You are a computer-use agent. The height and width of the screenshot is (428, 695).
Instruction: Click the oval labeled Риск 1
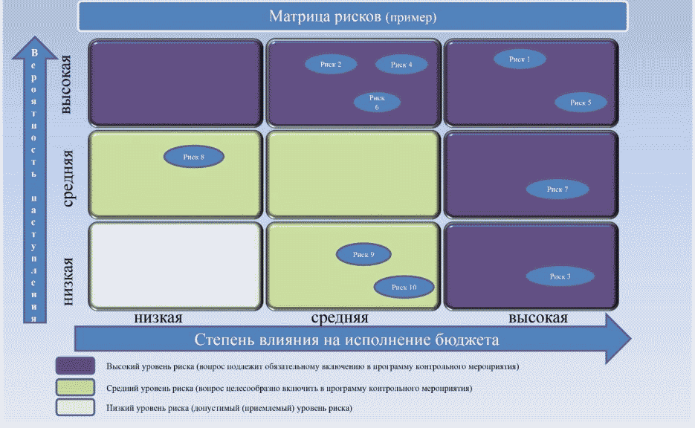pyautogui.click(x=520, y=59)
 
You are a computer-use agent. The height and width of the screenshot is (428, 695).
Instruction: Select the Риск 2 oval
pyautogui.click(x=331, y=65)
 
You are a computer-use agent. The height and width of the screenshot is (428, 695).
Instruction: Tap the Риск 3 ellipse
pyautogui.click(x=560, y=276)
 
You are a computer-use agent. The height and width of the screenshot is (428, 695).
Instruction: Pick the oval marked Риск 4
pyautogui.click(x=401, y=65)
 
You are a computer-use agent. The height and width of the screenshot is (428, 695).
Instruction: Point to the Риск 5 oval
pyautogui.click(x=580, y=103)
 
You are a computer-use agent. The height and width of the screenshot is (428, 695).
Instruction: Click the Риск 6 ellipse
pyautogui.click(x=376, y=103)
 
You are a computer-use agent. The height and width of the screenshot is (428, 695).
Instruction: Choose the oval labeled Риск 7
pyautogui.click(x=557, y=189)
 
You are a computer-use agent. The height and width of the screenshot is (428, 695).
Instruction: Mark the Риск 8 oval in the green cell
pyautogui.click(x=193, y=157)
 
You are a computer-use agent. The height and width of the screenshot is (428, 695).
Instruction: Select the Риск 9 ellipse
pyautogui.click(x=363, y=255)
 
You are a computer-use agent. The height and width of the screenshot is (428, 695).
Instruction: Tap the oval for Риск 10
pyautogui.click(x=404, y=287)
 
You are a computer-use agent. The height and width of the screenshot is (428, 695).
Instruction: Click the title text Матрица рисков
pyautogui.click(x=325, y=16)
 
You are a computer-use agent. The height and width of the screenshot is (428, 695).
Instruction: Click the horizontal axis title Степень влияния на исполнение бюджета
pyautogui.click(x=346, y=340)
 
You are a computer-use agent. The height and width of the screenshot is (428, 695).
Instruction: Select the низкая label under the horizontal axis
pyautogui.click(x=158, y=318)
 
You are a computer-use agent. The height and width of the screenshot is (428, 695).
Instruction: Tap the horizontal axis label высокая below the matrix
pyautogui.click(x=538, y=318)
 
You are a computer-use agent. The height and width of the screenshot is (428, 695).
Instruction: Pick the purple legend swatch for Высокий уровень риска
pyautogui.click(x=75, y=366)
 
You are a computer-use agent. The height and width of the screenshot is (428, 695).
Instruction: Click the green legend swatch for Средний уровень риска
pyautogui.click(x=75, y=387)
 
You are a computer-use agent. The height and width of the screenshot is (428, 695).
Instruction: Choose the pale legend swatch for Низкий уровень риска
pyautogui.click(x=75, y=407)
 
